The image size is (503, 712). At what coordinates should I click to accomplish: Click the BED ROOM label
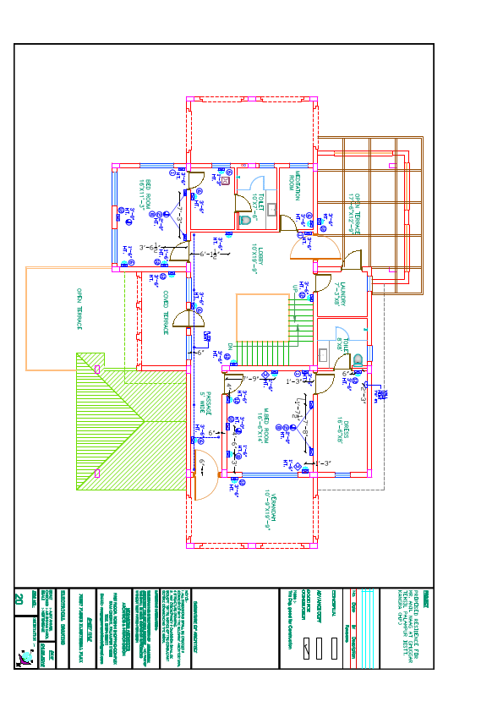(x=145, y=195)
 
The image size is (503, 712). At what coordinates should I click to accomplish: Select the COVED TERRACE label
(x=166, y=311)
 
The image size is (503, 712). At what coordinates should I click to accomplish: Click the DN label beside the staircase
(x=230, y=346)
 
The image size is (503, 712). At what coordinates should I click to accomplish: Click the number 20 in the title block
(x=19, y=599)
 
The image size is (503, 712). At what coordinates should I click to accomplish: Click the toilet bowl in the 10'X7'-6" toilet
(x=246, y=219)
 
